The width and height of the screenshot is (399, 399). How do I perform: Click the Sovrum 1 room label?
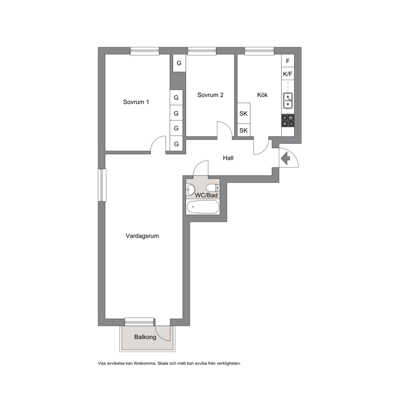(136, 102)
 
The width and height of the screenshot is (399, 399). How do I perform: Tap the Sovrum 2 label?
(210, 95)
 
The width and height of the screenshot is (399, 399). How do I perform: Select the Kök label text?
(262, 95)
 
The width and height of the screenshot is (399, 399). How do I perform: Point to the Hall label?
(228, 158)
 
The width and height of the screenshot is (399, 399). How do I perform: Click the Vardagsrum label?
(142, 236)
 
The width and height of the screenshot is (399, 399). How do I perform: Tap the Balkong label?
(145, 337)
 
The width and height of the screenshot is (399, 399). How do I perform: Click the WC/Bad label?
(206, 195)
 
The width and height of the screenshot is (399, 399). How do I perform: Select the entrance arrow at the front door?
(285, 158)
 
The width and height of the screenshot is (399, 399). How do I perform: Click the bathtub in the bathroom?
(203, 207)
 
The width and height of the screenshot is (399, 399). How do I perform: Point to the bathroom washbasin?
(190, 189)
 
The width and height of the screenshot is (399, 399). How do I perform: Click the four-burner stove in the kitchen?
(288, 121)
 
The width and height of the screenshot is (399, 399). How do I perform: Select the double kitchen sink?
(288, 101)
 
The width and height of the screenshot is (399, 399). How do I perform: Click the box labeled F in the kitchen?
(288, 61)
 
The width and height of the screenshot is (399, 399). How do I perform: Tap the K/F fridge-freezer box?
(288, 74)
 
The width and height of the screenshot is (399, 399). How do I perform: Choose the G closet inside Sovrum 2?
(179, 63)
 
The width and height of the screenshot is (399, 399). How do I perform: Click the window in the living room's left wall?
(102, 185)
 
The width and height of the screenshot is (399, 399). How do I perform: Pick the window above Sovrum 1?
(145, 51)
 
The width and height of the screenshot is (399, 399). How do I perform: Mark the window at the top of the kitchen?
(259, 51)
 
